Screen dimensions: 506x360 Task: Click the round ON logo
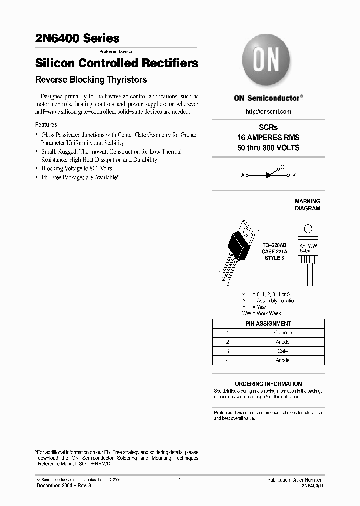(266, 61)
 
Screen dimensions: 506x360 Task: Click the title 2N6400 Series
(77, 38)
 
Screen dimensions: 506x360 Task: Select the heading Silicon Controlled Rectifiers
(117, 63)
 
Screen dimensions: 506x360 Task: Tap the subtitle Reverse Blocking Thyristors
(91, 79)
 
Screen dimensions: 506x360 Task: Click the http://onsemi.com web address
(268, 112)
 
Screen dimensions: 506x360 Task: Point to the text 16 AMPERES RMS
(268, 137)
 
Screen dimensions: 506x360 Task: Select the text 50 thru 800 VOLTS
(268, 148)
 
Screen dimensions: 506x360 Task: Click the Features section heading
(46, 125)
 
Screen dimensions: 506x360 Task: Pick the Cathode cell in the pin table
(283, 332)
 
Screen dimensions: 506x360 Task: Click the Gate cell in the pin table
(283, 351)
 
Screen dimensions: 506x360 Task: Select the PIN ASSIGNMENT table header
(268, 323)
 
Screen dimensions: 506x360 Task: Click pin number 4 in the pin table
(227, 360)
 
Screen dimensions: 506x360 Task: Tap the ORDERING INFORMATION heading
(268, 384)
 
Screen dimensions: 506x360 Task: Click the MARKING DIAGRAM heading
(307, 205)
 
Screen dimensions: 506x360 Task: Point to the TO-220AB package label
(275, 245)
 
